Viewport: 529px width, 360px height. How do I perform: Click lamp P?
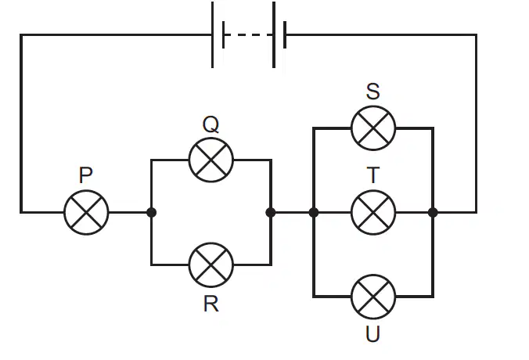(x=86, y=213)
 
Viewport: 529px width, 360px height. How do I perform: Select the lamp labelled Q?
(x=211, y=160)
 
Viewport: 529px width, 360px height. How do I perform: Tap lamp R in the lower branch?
(x=211, y=265)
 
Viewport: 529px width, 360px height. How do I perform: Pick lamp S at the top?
(x=373, y=128)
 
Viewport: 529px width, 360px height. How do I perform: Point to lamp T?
(x=373, y=213)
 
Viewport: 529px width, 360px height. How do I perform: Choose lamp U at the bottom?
(x=373, y=297)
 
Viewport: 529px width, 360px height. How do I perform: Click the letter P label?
(x=86, y=175)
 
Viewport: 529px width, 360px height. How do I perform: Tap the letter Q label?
(x=211, y=124)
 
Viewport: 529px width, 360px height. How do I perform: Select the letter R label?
(x=211, y=304)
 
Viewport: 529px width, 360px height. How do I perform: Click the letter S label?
(x=372, y=91)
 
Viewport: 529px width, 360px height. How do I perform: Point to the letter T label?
(x=372, y=175)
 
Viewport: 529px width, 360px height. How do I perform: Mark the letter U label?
(x=372, y=334)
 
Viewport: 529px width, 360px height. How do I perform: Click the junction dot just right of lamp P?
(x=152, y=213)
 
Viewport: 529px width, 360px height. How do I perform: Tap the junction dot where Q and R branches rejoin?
(x=271, y=213)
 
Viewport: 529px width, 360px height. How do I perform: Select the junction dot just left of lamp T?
(x=314, y=213)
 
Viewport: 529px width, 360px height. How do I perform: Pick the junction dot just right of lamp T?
(x=433, y=213)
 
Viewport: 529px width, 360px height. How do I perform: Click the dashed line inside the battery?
(x=249, y=34)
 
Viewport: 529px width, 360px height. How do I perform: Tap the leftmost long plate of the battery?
(x=213, y=34)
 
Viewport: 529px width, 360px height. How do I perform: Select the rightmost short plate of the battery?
(x=285, y=34)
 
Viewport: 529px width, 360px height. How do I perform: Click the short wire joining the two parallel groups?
(x=292, y=213)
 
